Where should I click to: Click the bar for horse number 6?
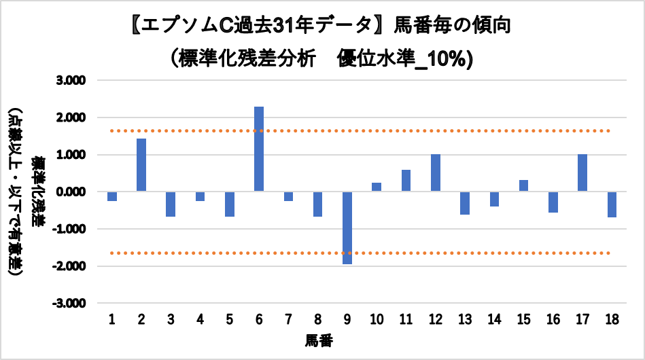click(x=259, y=149)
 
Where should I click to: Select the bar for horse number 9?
click(x=347, y=228)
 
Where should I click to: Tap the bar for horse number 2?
click(x=141, y=165)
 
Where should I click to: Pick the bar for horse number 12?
click(x=436, y=173)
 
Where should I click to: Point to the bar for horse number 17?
click(x=582, y=173)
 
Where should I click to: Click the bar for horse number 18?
click(x=612, y=204)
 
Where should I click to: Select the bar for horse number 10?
click(x=377, y=187)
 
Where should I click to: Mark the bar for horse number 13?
click(x=465, y=203)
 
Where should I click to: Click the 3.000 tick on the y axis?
click(x=71, y=81)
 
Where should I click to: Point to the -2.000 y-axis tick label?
click(x=69, y=266)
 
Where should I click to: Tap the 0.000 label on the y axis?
click(x=71, y=192)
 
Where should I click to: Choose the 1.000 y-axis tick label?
click(x=71, y=155)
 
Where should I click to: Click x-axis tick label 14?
click(x=494, y=319)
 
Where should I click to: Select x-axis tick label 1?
click(x=111, y=319)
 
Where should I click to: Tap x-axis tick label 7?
click(x=288, y=319)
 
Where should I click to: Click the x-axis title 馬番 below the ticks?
click(x=319, y=341)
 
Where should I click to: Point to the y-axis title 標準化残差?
click(x=38, y=192)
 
